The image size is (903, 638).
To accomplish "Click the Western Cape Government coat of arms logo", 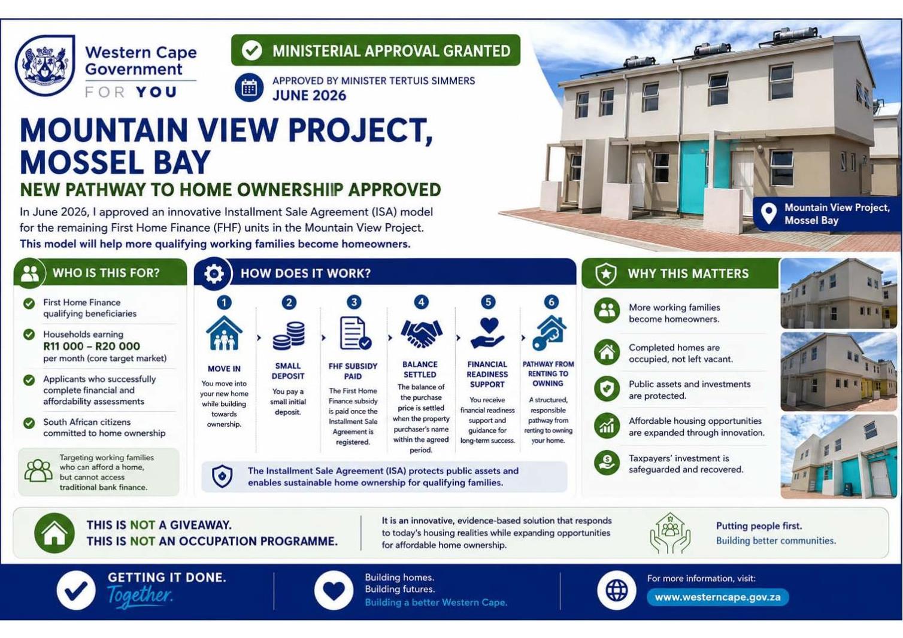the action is [45, 65].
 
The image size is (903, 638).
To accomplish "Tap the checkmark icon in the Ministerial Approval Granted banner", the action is [252, 50].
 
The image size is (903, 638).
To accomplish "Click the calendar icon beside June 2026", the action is [249, 87].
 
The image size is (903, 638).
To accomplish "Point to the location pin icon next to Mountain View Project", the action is [768, 213].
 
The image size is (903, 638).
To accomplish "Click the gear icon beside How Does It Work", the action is [214, 274].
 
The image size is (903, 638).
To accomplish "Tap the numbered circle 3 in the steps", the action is [354, 302].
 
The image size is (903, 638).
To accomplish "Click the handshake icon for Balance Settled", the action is [422, 333].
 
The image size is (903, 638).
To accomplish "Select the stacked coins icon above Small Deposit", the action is [289, 336].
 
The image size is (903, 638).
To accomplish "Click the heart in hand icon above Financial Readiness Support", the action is [487, 333].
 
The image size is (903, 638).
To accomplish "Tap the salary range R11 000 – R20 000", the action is [92, 346].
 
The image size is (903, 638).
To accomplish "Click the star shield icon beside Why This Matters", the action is [606, 274].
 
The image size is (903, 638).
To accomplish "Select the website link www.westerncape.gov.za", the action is [717, 597].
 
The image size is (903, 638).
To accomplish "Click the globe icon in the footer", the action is [617, 591].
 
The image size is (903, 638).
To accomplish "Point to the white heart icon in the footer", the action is [334, 591].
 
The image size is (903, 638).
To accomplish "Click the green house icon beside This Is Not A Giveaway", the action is [54, 533].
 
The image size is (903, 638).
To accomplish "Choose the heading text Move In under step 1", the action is [224, 369].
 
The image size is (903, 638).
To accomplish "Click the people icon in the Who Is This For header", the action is [30, 274].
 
